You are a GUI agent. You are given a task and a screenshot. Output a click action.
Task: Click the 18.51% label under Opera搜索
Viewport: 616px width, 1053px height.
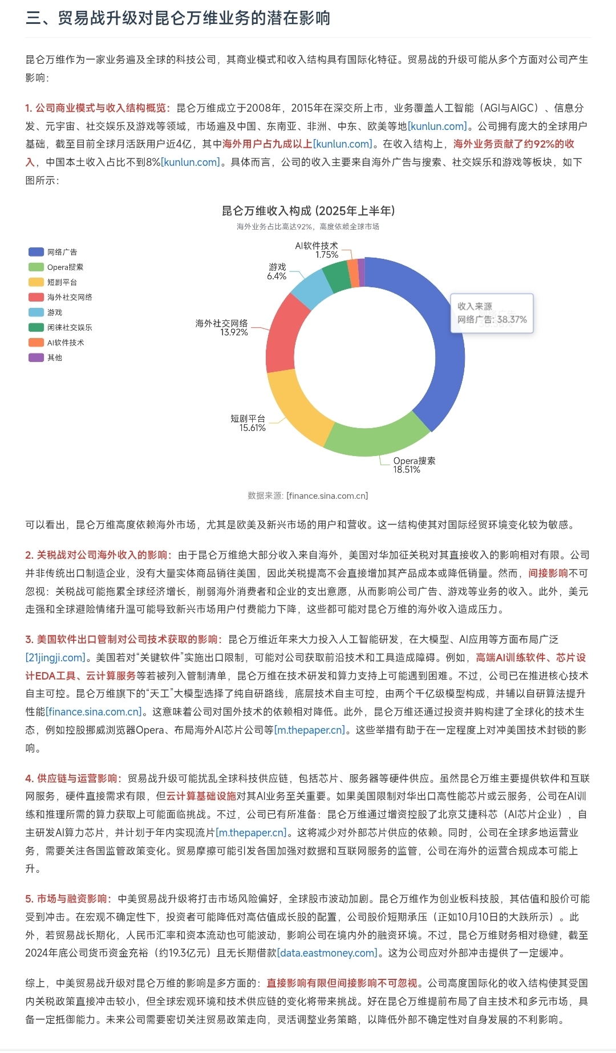(x=406, y=470)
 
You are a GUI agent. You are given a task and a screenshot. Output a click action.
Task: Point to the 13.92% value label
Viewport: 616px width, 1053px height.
(x=234, y=332)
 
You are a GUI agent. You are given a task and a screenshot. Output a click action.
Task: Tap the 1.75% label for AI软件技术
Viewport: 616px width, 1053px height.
(x=327, y=255)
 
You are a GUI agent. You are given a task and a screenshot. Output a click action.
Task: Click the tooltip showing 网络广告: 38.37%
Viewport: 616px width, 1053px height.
(x=492, y=314)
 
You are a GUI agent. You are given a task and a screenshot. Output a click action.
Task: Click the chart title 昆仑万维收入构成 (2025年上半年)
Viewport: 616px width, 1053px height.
(x=308, y=211)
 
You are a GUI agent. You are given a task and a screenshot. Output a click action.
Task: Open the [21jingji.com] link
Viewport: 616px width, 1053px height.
(x=55, y=657)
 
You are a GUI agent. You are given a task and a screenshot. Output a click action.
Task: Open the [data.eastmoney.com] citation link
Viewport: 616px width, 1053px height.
(x=327, y=953)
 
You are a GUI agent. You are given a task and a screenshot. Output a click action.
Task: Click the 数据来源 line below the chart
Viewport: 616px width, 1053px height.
(x=308, y=496)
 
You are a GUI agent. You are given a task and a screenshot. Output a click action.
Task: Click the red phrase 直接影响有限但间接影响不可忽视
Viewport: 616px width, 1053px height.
(x=342, y=983)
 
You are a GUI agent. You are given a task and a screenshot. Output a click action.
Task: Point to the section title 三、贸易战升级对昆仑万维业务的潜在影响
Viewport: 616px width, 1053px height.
(x=178, y=18)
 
